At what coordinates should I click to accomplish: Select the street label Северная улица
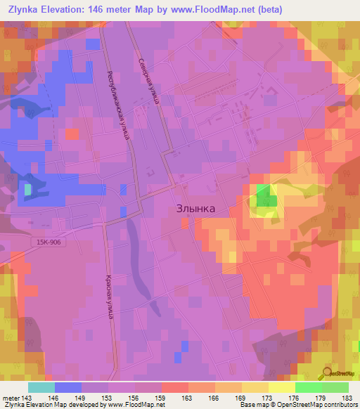point(150,80)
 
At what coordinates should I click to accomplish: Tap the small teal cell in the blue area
point(28,189)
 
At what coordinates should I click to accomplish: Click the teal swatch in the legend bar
point(41,387)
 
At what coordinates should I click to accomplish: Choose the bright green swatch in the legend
point(309,387)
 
